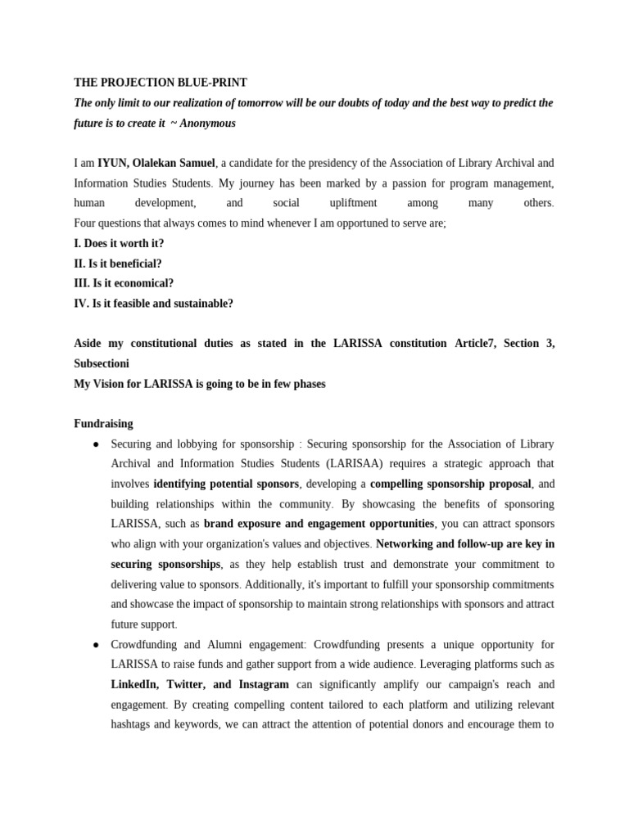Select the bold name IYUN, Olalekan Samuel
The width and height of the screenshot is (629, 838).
157,163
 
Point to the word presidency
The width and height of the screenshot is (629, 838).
322,163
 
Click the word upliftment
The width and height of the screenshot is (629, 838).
353,203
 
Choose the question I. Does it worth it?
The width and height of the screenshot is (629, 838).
119,243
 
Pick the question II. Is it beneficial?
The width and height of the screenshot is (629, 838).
118,264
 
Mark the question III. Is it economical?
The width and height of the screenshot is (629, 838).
124,283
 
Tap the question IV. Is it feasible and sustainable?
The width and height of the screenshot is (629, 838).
153,304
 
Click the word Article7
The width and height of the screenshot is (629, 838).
475,344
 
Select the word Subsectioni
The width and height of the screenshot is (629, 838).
102,363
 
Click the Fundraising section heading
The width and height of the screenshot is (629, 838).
103,424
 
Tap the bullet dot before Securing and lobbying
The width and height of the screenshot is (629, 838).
97,444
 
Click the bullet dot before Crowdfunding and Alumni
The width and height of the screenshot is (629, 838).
97,645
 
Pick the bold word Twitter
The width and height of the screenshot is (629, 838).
187,684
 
